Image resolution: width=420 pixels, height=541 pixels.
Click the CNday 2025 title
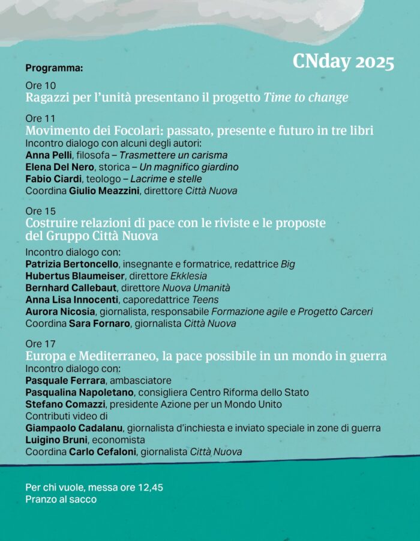[343, 63]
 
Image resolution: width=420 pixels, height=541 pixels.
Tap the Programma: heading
[54, 68]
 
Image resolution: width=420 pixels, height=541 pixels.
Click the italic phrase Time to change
[306, 98]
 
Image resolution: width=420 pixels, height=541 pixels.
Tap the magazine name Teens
[206, 299]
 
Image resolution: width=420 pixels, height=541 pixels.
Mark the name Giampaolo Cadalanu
[74, 428]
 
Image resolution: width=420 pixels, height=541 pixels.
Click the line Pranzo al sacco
[61, 499]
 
